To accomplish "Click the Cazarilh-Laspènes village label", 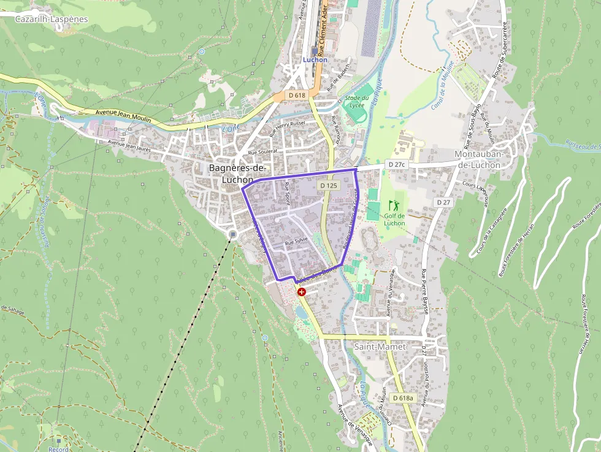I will (52, 19).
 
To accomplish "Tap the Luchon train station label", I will (315, 59).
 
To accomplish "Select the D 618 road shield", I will (296, 95).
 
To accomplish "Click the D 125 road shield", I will (329, 185).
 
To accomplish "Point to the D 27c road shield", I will (397, 165).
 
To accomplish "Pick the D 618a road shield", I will (402, 398).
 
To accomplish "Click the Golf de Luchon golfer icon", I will (393, 204).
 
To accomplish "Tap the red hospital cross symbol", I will (301, 292).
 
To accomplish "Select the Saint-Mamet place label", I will (380, 347).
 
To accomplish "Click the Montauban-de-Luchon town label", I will (479, 159).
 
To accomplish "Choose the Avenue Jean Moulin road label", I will (123, 116).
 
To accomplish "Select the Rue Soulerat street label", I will (262, 151).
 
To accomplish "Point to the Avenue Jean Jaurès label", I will (129, 144).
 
